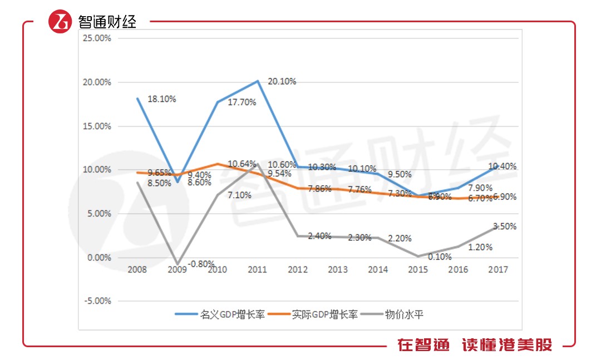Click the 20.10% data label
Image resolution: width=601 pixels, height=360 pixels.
(x=282, y=81)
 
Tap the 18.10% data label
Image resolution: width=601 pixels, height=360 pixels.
(x=162, y=99)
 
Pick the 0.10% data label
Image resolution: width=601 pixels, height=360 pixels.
(x=440, y=257)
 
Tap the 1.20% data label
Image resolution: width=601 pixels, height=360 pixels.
(x=480, y=247)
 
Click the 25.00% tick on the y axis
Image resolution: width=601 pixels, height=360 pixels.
(x=97, y=38)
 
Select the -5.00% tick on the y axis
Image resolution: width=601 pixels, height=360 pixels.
(x=97, y=301)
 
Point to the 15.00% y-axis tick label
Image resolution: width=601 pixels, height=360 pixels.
(x=97, y=126)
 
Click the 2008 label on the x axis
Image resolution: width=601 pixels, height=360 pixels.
(x=137, y=270)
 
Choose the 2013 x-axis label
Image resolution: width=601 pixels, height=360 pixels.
(x=338, y=270)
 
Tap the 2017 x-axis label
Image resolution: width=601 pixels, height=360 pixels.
(x=498, y=270)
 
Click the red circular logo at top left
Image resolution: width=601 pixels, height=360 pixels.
(x=60, y=22)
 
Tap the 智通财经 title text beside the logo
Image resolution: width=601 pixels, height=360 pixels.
(x=107, y=22)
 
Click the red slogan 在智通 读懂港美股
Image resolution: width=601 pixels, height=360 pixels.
(x=475, y=346)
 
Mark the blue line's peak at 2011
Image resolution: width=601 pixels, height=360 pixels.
(x=257, y=81)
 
